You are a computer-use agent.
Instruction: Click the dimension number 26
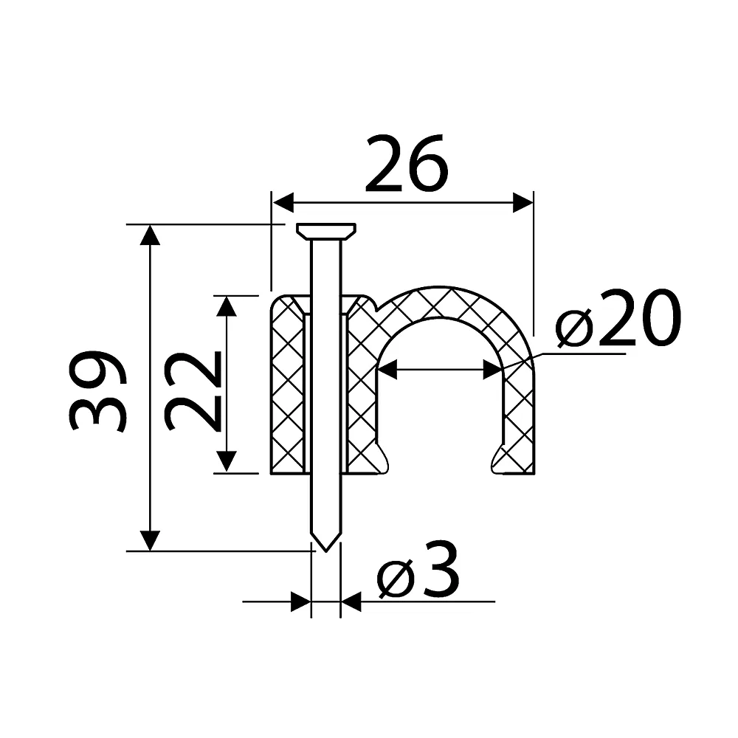pos(406,163)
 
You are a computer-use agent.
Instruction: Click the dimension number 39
pos(97,390)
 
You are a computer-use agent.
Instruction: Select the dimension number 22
pos(193,390)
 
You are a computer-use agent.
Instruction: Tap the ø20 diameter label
pos(618,317)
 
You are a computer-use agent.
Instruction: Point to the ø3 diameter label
pos(418,569)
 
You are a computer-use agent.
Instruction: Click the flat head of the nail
pos(325,231)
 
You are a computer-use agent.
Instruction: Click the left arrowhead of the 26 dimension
pos(283,202)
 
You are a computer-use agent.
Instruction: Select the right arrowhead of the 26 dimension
pos(523,202)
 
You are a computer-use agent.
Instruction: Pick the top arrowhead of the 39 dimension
pos(150,235)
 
